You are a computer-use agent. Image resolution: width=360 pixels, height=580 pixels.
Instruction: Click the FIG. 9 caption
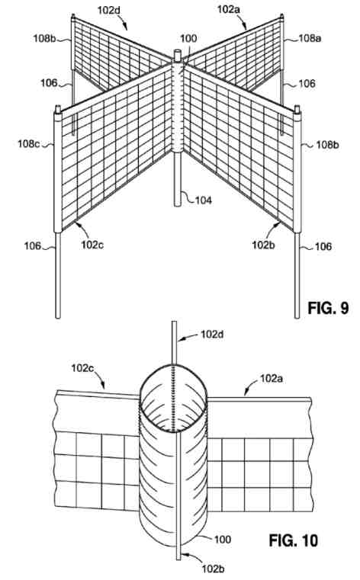328,308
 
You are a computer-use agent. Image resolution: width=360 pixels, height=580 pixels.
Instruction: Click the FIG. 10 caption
293,540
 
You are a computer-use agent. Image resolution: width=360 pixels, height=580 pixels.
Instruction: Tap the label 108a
310,38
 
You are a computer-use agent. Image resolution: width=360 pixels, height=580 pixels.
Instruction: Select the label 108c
28,143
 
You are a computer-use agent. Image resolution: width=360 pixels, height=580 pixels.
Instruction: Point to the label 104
203,200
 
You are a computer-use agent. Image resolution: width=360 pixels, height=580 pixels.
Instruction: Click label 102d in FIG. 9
109,10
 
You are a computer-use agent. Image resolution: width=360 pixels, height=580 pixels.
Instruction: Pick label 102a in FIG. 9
228,9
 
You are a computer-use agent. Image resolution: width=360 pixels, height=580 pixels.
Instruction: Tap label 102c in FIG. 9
92,245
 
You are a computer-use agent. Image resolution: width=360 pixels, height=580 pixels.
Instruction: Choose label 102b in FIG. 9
263,245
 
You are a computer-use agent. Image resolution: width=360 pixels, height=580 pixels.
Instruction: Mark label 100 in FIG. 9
188,38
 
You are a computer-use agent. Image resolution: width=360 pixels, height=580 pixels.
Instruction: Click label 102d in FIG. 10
212,334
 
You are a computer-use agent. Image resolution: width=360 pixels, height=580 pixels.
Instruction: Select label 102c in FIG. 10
83,367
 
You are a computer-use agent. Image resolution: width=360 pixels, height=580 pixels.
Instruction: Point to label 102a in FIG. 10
272,378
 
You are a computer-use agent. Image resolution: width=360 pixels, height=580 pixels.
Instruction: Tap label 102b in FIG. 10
213,569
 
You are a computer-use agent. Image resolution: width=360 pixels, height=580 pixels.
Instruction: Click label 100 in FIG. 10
223,540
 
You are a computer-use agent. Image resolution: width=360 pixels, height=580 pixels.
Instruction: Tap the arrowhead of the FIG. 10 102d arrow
180,338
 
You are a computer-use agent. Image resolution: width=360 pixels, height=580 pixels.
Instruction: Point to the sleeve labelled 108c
58,172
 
